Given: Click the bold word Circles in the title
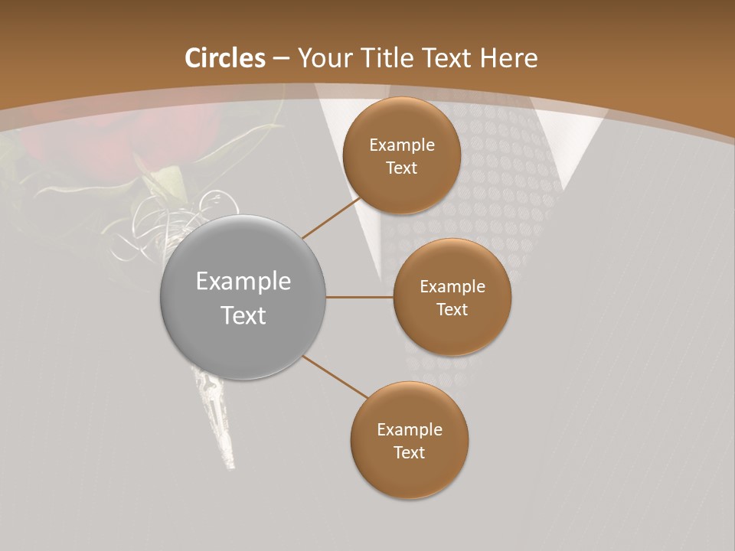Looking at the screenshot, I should tap(224, 58).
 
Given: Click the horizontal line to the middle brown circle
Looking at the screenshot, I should tap(359, 297).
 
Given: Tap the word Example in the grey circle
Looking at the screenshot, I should tap(243, 282).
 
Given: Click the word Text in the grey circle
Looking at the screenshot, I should tap(243, 315).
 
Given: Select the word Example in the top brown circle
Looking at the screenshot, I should tap(402, 145).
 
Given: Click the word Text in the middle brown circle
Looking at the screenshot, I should tap(452, 310).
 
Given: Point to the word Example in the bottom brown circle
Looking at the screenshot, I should tap(410, 430).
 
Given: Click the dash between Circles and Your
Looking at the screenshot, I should tap(281, 58).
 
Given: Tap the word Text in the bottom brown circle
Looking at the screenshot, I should tap(410, 453).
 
